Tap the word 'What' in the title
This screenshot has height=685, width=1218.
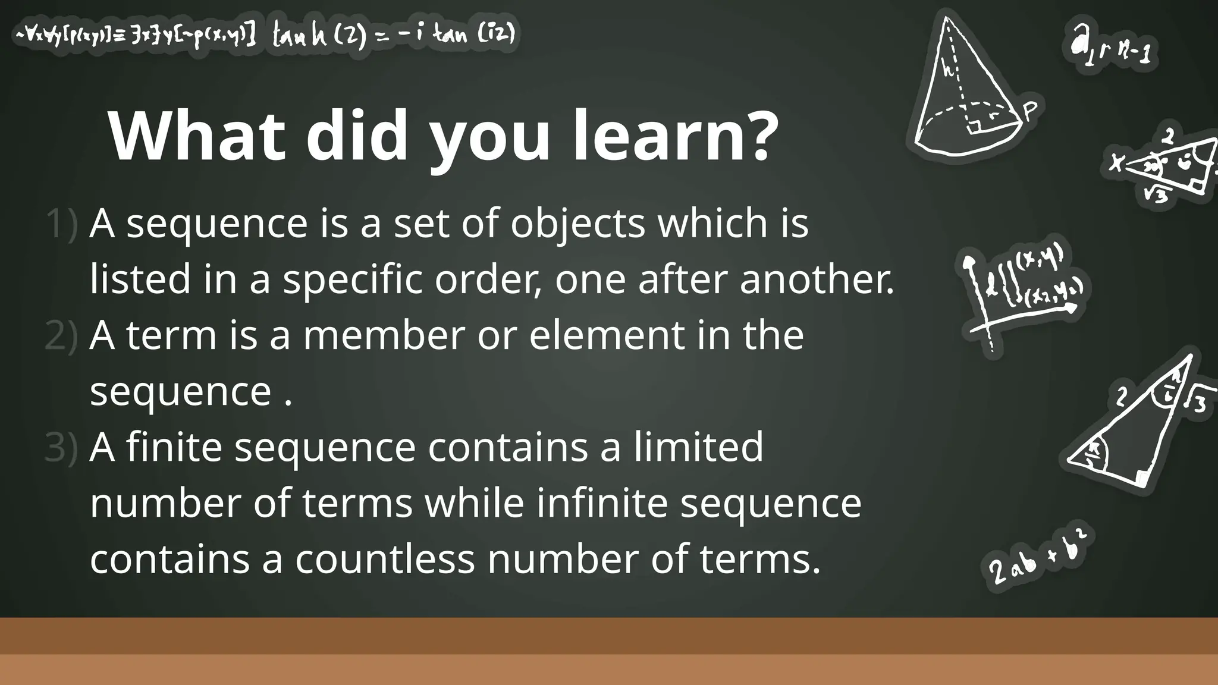197,136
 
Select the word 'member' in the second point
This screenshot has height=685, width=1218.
384,335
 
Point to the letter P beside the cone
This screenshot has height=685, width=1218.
1031,111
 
